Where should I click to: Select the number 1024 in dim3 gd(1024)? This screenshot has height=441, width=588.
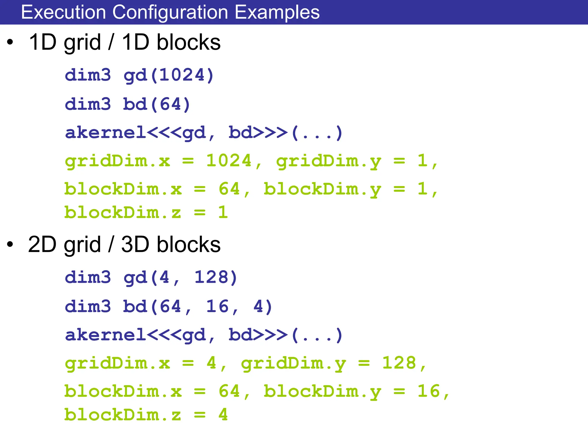pos(182,75)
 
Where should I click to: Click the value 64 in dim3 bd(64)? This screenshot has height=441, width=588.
pos(171,104)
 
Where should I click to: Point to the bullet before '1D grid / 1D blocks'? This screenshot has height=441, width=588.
pos(10,42)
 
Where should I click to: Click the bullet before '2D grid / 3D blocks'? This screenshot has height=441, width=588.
pos(10,245)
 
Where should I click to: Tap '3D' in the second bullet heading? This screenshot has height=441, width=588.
pos(135,245)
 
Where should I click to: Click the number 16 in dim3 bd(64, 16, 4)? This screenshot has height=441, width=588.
pos(217,306)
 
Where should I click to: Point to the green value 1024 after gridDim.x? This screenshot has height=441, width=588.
pos(229,161)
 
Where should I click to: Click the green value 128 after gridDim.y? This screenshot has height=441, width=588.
pos(399,363)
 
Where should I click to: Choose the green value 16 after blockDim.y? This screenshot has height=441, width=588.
pos(428,391)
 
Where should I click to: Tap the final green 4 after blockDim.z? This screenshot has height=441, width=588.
pos(223,415)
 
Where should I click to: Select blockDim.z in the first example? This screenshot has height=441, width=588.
pos(123,212)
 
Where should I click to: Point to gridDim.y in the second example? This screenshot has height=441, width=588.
pos(293,363)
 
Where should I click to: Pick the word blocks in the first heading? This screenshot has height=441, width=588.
pos(188,42)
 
